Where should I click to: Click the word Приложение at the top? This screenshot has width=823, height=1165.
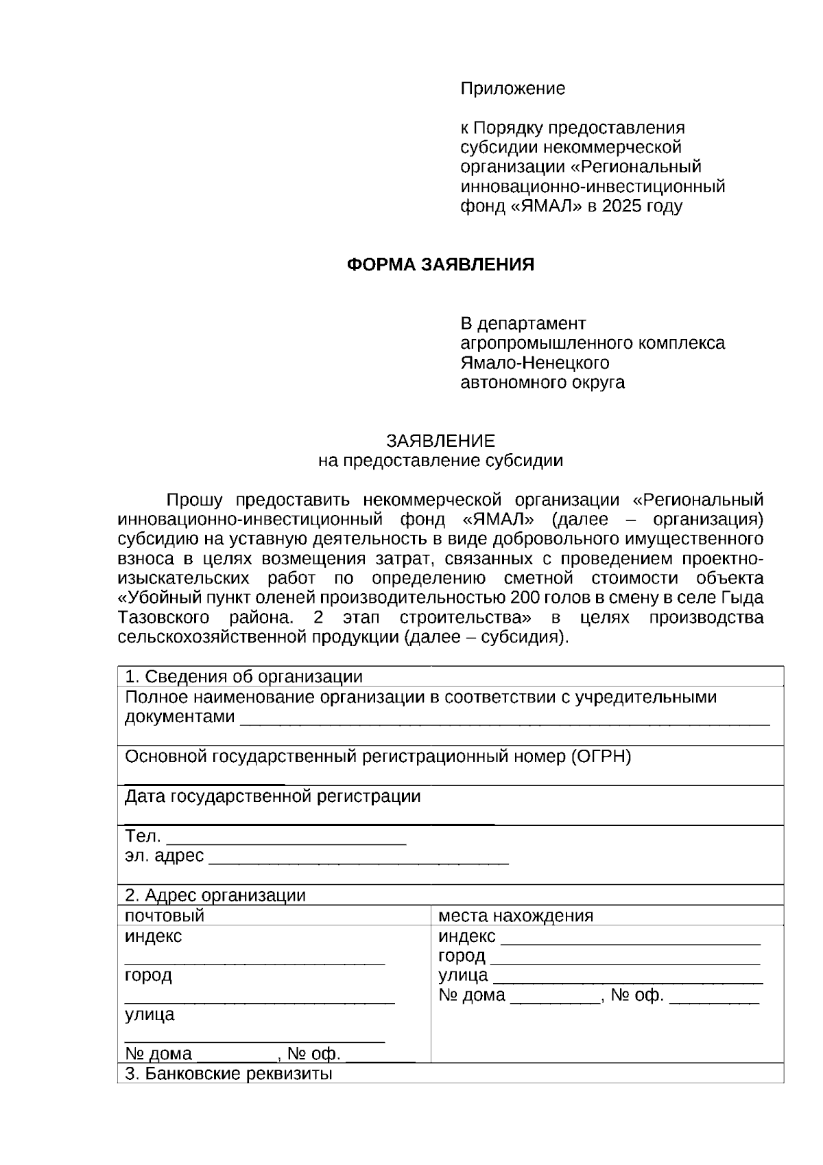coord(512,89)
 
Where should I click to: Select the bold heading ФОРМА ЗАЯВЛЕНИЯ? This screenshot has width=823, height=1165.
coord(440,265)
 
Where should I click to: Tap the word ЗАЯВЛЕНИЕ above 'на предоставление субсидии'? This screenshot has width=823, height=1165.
coord(440,441)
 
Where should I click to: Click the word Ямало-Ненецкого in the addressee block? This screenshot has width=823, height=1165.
coord(534,362)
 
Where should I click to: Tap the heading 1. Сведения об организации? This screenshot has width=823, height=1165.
coord(243,677)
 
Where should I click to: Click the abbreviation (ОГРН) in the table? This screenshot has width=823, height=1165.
coord(598,757)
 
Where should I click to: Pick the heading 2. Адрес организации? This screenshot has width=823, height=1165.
coord(215,895)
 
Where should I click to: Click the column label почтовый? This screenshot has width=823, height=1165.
coord(165,916)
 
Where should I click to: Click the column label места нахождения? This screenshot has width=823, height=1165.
coord(515,916)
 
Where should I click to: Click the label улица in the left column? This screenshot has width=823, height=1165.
coord(150,1015)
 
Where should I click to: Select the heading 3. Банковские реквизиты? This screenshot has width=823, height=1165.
coord(228,1074)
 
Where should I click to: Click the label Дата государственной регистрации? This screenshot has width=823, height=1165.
coord(272,796)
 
